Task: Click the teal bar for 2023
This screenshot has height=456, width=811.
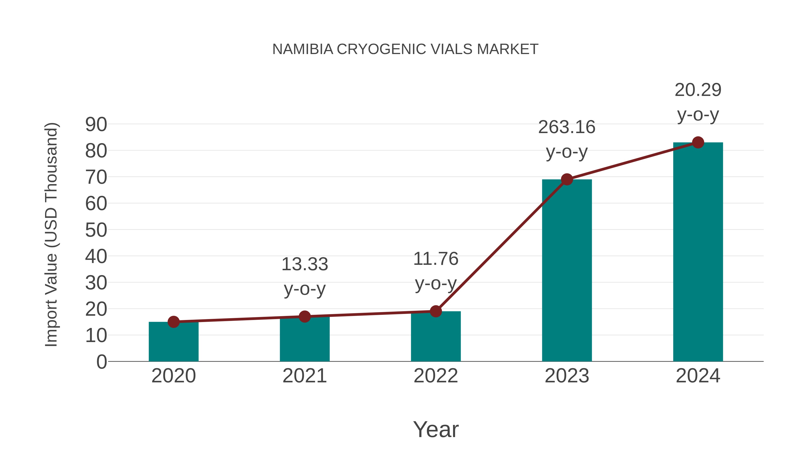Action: pos(567,271)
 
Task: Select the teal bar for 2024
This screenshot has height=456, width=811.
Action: pos(698,252)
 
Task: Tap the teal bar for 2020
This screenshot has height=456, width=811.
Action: pos(173,342)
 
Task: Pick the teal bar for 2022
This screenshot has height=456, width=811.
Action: pos(436,337)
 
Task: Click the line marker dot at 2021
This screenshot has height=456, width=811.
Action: pos(304,317)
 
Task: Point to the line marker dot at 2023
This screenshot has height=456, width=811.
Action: pos(567,179)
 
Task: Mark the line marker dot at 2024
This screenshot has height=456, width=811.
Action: pos(698,142)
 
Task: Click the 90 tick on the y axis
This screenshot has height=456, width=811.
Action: pos(96,124)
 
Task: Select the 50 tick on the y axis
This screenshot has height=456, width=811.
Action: pos(96,230)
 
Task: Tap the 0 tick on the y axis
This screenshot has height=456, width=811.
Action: pos(101,362)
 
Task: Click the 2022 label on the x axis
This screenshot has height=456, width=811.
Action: pos(436,376)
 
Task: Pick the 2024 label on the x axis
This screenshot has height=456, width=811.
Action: pos(698,376)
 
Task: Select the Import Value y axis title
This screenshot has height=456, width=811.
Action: pos(51,234)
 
